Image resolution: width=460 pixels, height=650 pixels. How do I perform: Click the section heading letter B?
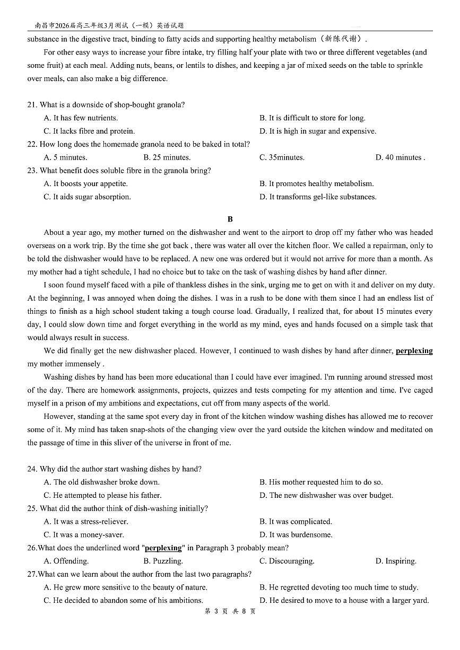pos(230,219)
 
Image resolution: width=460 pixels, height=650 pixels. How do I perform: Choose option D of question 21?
pos(317,131)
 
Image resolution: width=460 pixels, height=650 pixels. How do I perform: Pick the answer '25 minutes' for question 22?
pos(167,157)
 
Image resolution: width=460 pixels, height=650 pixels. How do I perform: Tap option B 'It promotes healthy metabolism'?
pos(316,184)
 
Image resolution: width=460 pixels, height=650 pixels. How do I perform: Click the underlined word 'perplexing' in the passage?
pos(414,351)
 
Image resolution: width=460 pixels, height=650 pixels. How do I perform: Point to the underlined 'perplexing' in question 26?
pos(163,548)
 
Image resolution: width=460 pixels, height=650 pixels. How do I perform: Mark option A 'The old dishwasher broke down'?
pos(101,482)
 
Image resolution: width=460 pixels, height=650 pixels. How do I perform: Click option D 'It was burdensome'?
pos(296,534)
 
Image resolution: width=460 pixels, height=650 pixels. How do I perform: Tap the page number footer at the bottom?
pos(230,611)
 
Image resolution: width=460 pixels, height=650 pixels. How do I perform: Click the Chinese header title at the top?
pos(109,25)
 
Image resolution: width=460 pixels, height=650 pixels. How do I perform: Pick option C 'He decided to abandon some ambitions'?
pos(123,600)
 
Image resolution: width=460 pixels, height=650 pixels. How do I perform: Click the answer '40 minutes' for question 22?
pos(400,157)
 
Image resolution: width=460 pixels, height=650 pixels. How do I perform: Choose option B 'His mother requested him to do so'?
pos(320,482)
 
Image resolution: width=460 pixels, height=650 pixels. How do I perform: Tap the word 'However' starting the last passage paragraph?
pos(58,417)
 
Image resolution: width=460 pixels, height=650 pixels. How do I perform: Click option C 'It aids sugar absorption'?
pos(87,197)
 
